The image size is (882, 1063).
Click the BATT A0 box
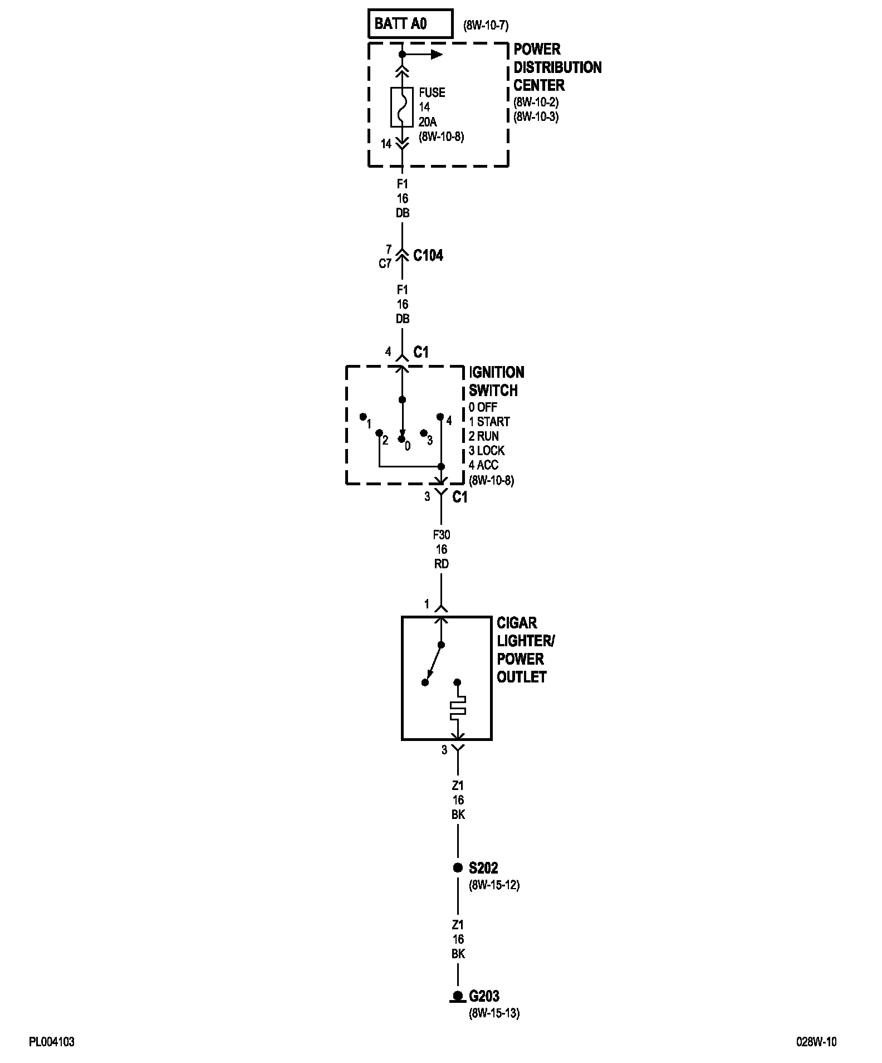click(410, 23)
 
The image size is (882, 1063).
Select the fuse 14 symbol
click(402, 106)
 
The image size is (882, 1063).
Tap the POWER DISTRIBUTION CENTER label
click(557, 67)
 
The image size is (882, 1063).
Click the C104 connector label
click(428, 256)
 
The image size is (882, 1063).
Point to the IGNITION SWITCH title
click(496, 381)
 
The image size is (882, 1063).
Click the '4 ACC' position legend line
click(483, 465)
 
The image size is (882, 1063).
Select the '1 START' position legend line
click(489, 422)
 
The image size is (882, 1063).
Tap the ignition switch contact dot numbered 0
click(401, 439)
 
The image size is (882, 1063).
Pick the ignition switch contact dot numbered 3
click(423, 433)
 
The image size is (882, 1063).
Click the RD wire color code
click(441, 564)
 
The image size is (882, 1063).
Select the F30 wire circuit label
click(441, 535)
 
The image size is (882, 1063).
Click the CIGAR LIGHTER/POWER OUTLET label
click(525, 650)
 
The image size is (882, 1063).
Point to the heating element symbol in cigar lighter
click(458, 708)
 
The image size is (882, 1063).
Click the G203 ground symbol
click(458, 996)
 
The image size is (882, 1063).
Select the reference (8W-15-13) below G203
click(494, 1013)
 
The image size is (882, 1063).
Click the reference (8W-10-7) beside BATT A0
click(486, 25)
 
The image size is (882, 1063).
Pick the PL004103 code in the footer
click(52, 1042)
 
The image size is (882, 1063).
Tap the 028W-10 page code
click(816, 1042)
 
